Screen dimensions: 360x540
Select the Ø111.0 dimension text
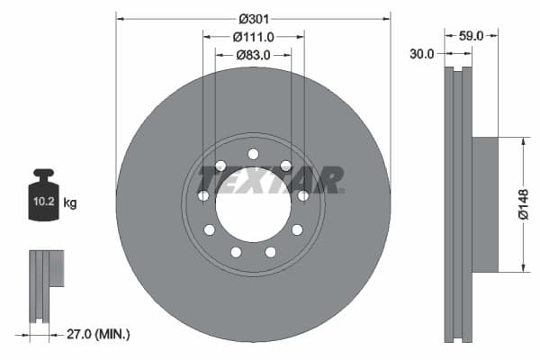253,37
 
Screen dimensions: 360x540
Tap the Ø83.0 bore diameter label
255,55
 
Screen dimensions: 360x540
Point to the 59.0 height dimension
472,36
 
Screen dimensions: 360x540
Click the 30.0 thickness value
422,54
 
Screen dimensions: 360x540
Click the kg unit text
70,203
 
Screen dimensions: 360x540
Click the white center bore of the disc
253,204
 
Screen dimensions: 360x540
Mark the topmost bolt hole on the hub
253,154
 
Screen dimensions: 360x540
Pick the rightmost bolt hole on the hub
303,195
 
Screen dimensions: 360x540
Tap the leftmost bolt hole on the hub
202,195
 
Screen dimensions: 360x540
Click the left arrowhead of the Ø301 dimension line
121,18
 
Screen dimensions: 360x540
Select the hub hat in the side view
485,204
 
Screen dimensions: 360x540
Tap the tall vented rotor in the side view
459,204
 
